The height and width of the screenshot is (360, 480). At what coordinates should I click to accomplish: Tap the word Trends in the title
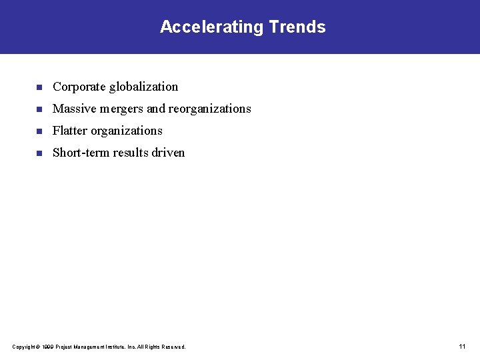(297, 27)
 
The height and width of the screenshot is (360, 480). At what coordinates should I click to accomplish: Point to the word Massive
(73, 109)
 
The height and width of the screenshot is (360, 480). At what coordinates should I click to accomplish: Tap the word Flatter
(69, 131)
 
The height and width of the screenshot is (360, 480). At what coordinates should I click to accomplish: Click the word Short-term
(81, 153)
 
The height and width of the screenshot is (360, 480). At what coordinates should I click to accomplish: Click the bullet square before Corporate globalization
(39, 87)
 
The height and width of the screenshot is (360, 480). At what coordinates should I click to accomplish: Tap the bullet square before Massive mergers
(39, 109)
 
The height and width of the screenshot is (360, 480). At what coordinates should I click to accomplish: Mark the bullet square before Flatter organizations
(39, 131)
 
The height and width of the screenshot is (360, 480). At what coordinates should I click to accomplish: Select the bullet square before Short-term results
(39, 153)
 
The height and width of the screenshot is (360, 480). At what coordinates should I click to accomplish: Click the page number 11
(462, 347)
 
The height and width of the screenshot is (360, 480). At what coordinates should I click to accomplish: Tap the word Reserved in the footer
(174, 347)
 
